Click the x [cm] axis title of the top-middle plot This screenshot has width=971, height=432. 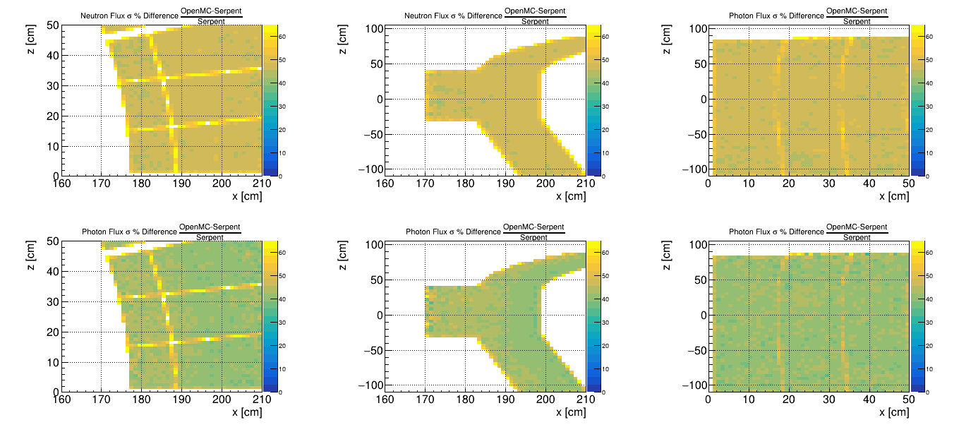[571, 196]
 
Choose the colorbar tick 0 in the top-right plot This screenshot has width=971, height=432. [928, 176]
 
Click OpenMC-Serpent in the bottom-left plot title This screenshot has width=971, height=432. [210, 227]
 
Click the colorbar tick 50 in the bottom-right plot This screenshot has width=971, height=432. [931, 276]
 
